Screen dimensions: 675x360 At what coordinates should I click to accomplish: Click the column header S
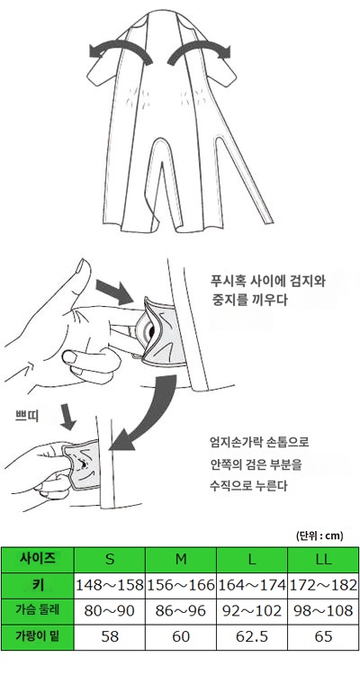[109, 559]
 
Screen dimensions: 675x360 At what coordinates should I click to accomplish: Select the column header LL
[323, 559]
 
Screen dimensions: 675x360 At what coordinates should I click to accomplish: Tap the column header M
[181, 559]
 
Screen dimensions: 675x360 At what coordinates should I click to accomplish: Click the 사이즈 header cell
[38, 558]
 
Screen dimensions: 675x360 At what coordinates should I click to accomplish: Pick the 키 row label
[38, 584]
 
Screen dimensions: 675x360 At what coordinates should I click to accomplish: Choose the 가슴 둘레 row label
[38, 609]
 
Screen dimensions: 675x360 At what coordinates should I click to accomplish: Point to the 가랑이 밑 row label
[38, 635]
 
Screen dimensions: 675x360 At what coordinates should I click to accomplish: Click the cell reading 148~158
[109, 584]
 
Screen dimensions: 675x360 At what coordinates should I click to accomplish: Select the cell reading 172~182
[323, 584]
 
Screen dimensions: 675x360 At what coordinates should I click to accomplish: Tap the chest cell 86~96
[181, 609]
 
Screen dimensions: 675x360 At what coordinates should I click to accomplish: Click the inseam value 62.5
[252, 635]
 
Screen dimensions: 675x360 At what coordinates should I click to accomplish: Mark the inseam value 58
[109, 635]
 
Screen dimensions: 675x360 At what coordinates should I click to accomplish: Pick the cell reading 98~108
[323, 609]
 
